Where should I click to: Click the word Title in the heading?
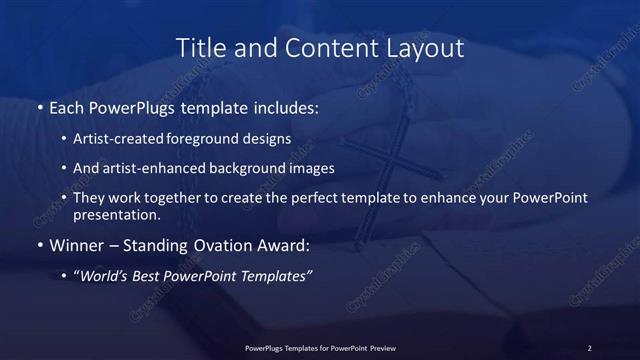[200, 48]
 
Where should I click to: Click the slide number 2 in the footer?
[590, 348]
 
